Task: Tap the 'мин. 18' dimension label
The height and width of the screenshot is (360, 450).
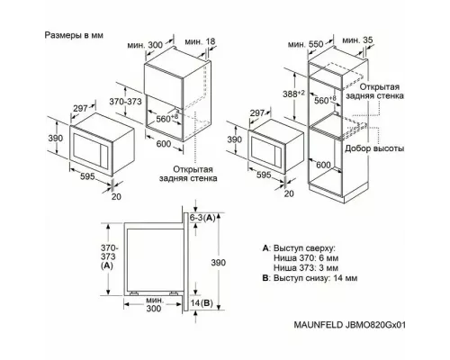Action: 199,42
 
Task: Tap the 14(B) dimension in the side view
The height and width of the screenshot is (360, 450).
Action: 203,305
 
